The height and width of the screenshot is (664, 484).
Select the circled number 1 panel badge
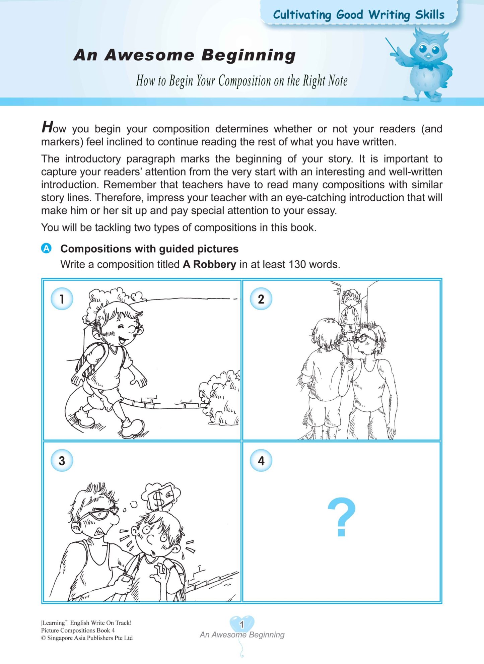(x=62, y=298)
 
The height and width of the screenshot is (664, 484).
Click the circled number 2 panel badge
(x=261, y=298)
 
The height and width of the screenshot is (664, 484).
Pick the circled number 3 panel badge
(x=62, y=460)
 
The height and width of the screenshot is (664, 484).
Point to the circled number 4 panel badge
(x=261, y=460)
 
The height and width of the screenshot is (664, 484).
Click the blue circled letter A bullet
(x=46, y=248)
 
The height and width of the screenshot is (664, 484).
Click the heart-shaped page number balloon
(x=242, y=624)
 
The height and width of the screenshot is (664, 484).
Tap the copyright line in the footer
(x=87, y=638)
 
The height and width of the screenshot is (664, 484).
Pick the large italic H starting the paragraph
(x=48, y=127)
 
